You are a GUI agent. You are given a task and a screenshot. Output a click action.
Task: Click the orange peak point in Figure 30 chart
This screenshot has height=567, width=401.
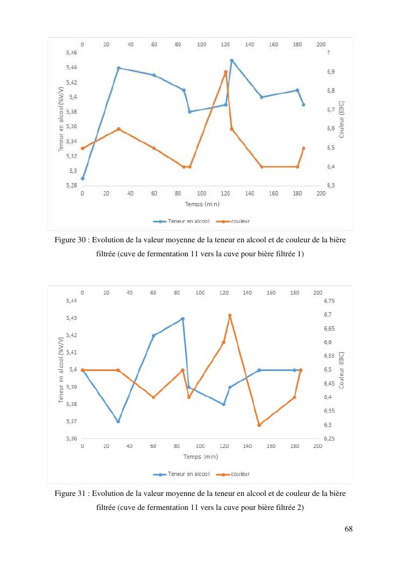226,72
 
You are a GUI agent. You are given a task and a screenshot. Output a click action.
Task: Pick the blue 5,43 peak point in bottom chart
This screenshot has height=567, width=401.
183,319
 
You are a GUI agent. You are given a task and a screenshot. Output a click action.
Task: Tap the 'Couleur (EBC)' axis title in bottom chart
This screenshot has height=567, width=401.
342,370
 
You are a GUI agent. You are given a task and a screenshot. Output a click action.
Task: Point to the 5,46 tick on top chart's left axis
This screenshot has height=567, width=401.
71,53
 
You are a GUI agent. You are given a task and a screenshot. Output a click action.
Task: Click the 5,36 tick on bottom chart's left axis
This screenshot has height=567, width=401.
71,439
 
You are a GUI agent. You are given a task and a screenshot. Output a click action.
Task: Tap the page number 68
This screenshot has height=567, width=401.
348,529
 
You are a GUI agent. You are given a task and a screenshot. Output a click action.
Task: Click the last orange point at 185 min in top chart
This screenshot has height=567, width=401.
304,148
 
